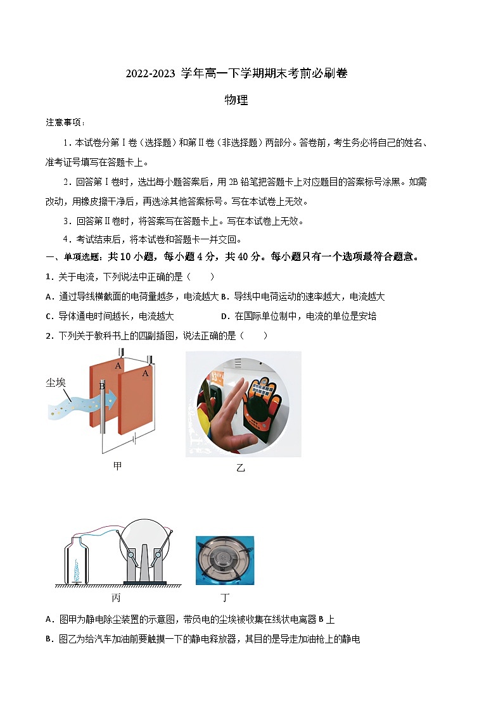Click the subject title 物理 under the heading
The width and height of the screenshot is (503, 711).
click(236, 100)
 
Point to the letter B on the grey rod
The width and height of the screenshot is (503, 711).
click(101, 386)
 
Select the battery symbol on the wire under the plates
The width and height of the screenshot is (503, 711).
click(134, 438)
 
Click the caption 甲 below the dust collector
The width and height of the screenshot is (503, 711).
click(117, 467)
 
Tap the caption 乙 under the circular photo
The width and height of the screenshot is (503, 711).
click(240, 468)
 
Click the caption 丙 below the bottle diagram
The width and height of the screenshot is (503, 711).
click(117, 598)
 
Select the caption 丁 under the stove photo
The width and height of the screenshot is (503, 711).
click(225, 598)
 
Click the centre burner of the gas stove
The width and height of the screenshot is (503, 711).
click(225, 558)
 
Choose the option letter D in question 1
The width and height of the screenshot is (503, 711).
click(224, 316)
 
